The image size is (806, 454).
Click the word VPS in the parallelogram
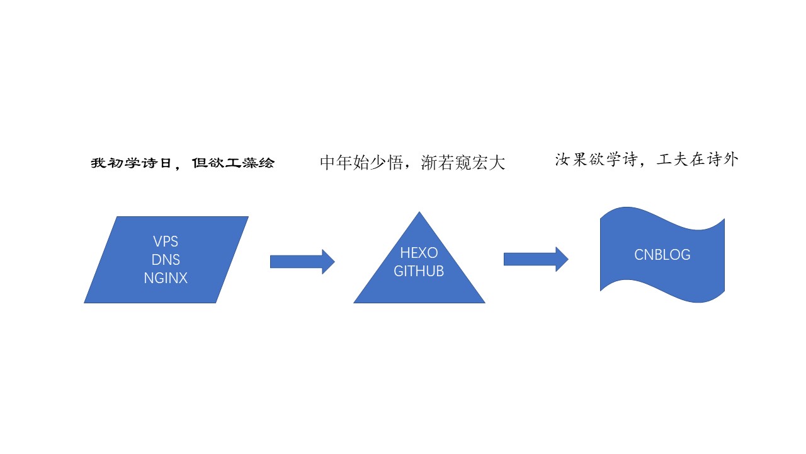(x=166, y=242)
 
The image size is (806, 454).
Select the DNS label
(x=166, y=259)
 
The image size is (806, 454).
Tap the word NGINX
(x=166, y=277)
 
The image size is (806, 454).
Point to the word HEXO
(x=419, y=253)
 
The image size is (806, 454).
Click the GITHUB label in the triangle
(x=419, y=271)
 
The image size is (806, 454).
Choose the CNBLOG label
(x=662, y=255)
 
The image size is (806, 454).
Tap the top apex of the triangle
(x=419, y=213)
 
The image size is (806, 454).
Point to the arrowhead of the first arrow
(x=328, y=261)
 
